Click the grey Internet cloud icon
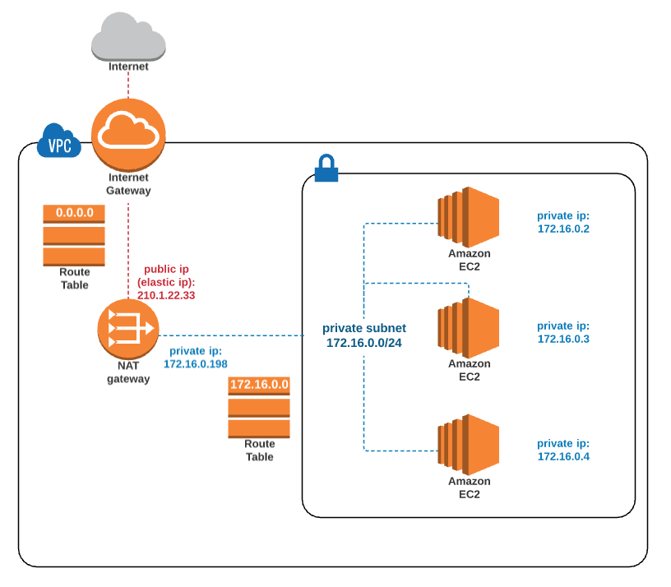point(128,37)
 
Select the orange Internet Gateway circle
point(128,135)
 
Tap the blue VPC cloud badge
point(59,141)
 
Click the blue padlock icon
point(326,169)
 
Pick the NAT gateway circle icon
point(128,329)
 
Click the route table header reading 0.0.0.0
point(74,214)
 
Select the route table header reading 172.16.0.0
point(259,385)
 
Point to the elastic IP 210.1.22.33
point(166,295)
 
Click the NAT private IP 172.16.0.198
point(196,364)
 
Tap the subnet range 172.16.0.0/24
point(364,343)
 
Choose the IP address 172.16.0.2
point(563,229)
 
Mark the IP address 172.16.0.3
point(563,340)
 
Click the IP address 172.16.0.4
point(563,457)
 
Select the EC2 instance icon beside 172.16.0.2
point(469,217)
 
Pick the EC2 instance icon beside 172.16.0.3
point(469,328)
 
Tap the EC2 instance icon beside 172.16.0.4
point(469,445)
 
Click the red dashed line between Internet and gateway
point(128,86)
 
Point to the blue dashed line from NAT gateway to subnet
point(231,336)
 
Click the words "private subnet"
point(364,329)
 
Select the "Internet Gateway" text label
point(128,184)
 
